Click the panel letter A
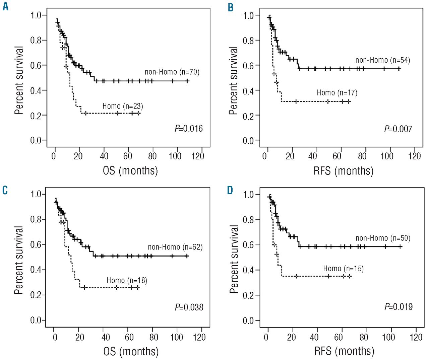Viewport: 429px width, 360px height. point(5,6)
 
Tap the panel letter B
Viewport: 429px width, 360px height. point(230,7)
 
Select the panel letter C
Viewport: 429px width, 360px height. point(5,190)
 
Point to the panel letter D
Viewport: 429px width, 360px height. point(230,190)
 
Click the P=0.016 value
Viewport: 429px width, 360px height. point(189,129)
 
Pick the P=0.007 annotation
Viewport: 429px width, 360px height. point(398,129)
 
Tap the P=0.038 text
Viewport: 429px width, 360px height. point(189,307)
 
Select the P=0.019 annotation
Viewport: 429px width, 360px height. point(399,307)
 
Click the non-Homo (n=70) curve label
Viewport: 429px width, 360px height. point(172,72)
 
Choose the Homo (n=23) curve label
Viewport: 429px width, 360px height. point(123,106)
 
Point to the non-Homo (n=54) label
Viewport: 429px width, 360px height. point(383,60)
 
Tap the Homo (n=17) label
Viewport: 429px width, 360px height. point(337,93)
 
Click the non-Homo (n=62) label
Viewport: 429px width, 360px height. point(175,247)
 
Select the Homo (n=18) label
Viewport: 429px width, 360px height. point(127,281)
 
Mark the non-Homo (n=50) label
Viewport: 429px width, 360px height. point(383,238)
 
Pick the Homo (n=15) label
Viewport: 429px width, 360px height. point(343,269)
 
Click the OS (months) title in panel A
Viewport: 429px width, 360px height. point(130,171)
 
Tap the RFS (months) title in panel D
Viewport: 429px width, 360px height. point(344,351)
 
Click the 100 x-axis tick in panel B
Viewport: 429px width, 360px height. point(387,156)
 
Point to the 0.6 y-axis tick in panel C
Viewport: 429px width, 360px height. point(36,245)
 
